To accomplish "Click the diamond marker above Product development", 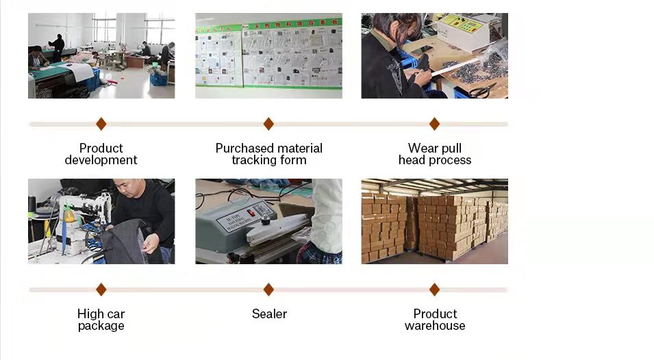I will (x=101, y=124).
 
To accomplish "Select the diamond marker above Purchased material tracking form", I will (x=268, y=124).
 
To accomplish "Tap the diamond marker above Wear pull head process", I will (x=434, y=124).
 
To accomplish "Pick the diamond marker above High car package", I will (x=101, y=290).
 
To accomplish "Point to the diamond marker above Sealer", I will (x=268, y=290).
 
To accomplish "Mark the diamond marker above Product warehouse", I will (x=434, y=290).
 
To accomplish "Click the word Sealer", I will (x=269, y=314).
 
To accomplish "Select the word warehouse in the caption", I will (x=435, y=326).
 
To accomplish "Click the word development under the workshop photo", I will (x=101, y=160).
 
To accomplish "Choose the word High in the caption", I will (x=90, y=314).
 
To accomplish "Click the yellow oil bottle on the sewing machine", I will (x=69, y=214).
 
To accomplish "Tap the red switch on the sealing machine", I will (x=251, y=213).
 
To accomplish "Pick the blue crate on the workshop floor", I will (x=158, y=79).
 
